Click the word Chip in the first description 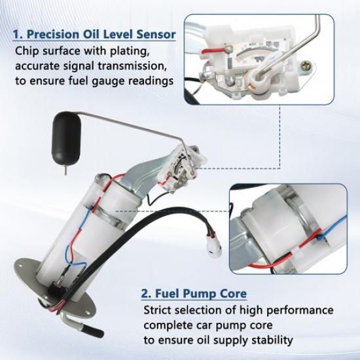pyautogui.click(x=27, y=50)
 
